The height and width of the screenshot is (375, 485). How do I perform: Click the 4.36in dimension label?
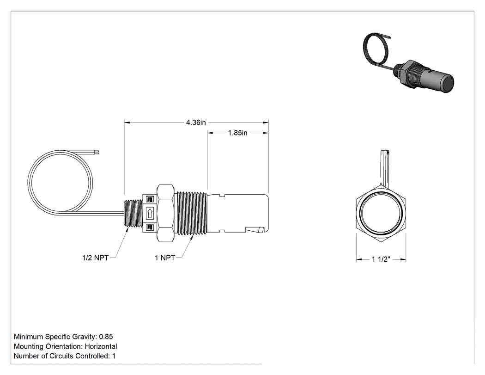coord(196,123)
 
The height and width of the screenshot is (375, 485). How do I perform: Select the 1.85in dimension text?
coord(237,133)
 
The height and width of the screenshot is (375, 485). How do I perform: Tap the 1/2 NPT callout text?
coord(95,258)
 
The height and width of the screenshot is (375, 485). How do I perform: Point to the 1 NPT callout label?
coord(165,258)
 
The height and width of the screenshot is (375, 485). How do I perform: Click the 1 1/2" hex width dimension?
coord(381,259)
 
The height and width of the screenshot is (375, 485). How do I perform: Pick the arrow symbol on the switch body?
coord(150,213)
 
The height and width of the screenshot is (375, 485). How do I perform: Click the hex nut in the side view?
coord(165,213)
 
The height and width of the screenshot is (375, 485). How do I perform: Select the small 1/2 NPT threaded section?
coord(133,213)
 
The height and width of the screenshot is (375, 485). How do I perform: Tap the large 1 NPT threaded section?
coord(192,213)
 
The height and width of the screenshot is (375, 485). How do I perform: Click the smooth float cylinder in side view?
coord(237,213)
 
